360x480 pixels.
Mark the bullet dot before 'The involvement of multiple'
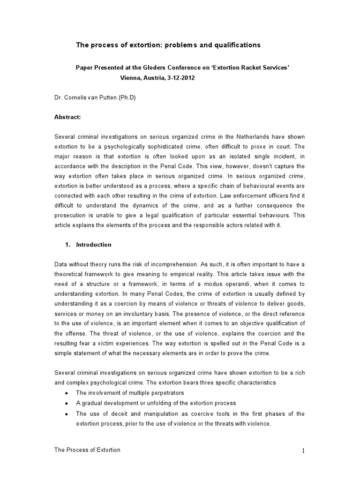coord(68,393)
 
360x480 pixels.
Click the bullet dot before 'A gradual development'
coord(68,403)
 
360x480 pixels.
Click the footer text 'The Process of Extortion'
coord(88,450)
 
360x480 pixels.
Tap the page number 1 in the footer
coord(303,450)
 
